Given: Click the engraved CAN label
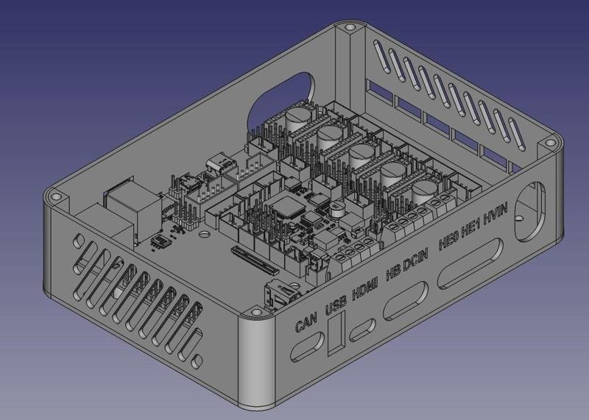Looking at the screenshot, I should pyautogui.click(x=306, y=324).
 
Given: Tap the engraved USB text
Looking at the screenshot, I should pyautogui.click(x=335, y=307).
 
